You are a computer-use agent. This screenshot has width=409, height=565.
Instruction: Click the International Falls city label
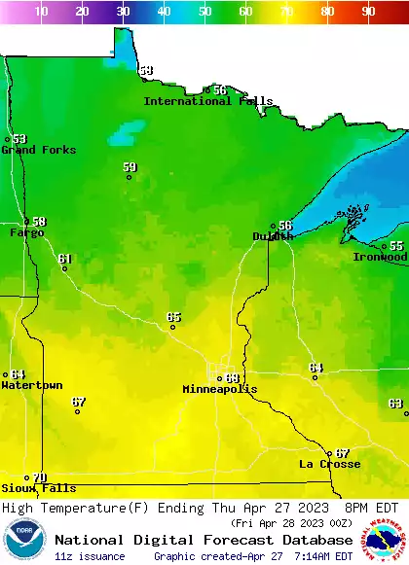(208, 101)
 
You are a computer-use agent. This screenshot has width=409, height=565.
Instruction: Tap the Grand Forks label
(31, 150)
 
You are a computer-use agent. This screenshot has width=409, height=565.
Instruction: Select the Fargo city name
(26, 233)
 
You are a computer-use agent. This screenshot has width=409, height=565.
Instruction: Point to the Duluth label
(272, 236)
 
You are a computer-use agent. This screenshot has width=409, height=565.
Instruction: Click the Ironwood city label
(380, 258)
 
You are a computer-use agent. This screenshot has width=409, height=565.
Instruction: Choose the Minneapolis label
(220, 389)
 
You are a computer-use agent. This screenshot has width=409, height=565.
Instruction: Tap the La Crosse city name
(329, 464)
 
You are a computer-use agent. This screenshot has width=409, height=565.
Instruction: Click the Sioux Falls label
(38, 488)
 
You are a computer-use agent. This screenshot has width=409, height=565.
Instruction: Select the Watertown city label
(31, 385)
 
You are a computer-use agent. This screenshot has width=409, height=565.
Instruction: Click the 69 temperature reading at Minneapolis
(232, 378)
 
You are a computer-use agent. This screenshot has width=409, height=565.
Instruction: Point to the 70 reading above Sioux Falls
(39, 477)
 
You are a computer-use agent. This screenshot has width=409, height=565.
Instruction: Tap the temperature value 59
(130, 167)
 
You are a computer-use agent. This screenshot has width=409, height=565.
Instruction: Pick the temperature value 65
(173, 317)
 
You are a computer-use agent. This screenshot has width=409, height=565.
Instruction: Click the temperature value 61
(64, 259)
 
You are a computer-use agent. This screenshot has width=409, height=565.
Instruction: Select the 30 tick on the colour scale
(123, 12)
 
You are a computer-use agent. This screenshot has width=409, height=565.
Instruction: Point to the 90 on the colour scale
(368, 12)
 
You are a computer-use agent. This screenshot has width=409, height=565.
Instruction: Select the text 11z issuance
(90, 556)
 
